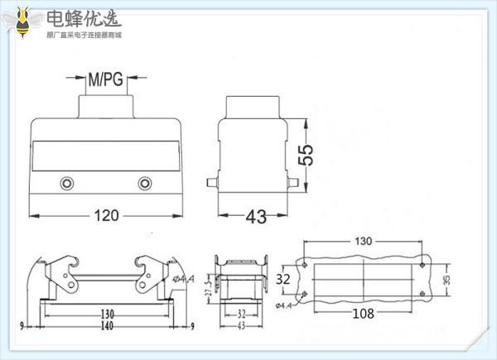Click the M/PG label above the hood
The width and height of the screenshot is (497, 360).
[x=105, y=80]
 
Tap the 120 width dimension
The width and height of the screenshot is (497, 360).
[x=105, y=216]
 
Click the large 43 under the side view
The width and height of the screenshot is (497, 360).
[x=257, y=217]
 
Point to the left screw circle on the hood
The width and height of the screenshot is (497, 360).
[x=66, y=183]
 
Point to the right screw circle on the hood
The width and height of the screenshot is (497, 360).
[x=146, y=183]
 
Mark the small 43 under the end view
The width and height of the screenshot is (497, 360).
[x=240, y=325]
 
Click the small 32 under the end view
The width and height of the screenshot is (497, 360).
[x=240, y=314]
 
